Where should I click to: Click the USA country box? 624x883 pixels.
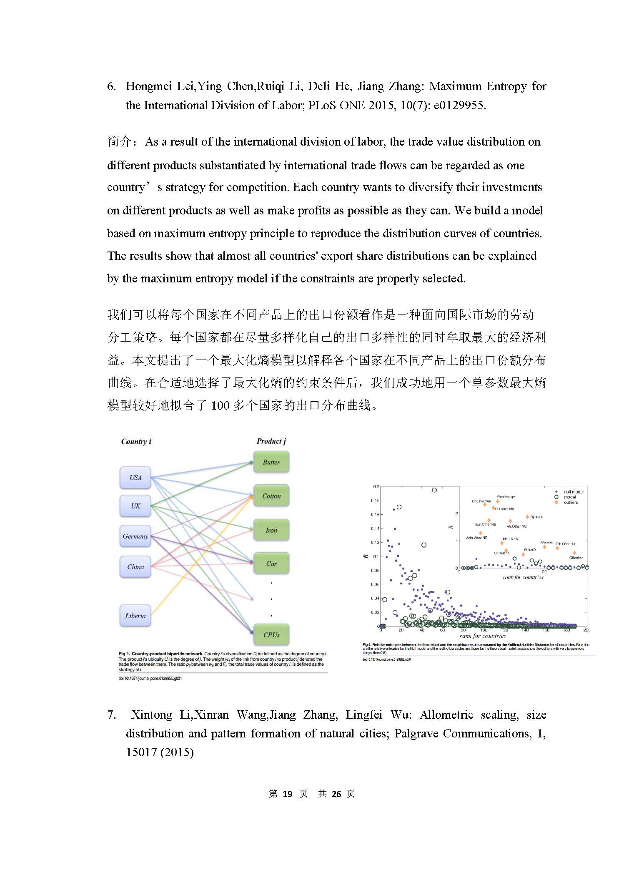(135, 478)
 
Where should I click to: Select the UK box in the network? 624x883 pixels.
(135, 506)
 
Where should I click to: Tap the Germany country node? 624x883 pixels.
(135, 536)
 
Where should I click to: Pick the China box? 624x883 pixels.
(135, 567)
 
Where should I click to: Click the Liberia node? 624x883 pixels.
(135, 616)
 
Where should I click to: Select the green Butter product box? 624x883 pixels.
(271, 462)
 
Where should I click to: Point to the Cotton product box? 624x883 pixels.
(271, 496)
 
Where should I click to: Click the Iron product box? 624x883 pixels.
(271, 530)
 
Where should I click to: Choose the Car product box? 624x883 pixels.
(271, 564)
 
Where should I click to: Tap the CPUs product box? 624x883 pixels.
(271, 635)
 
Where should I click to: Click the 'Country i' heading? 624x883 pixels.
(136, 441)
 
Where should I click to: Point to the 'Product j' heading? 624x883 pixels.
(271, 441)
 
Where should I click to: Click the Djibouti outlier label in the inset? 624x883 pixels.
(536, 517)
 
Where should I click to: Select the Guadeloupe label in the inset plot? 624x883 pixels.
(506, 496)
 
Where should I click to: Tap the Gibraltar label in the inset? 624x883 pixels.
(576, 558)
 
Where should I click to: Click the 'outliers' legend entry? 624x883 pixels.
(571, 502)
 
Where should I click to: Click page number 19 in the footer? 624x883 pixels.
(287, 794)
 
